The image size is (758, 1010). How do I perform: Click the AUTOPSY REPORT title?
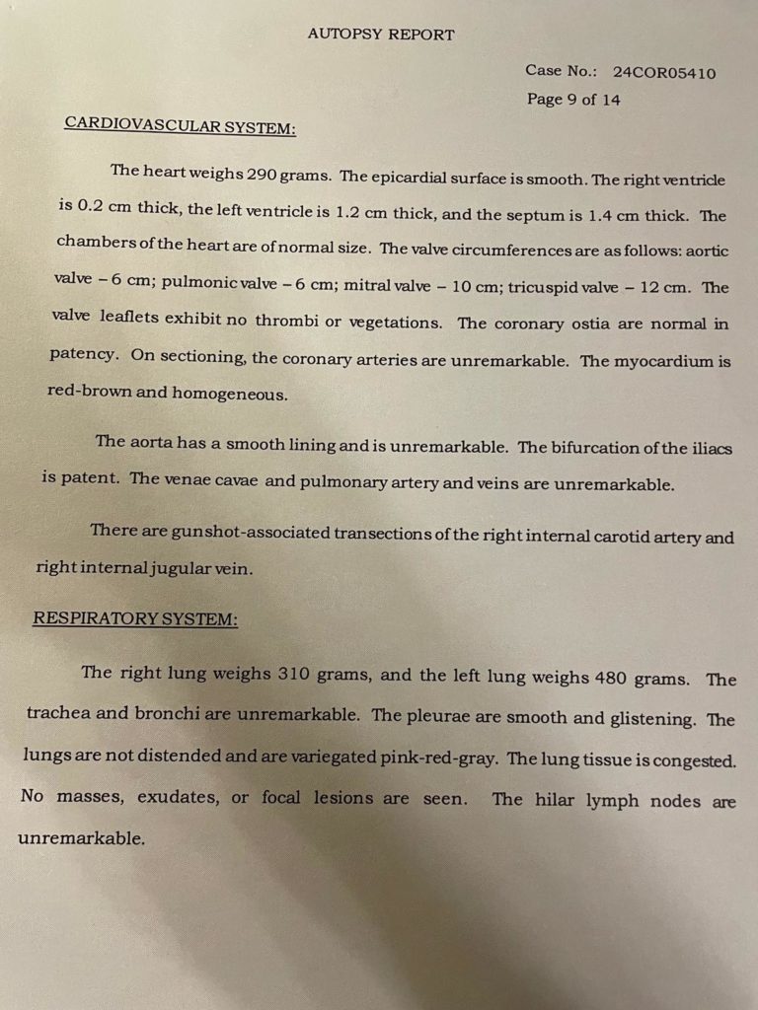coord(381,35)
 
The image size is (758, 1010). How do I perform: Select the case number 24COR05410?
coord(664,73)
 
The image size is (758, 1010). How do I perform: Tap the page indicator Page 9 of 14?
coord(573,100)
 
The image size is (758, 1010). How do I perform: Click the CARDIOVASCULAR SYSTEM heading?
coord(180,124)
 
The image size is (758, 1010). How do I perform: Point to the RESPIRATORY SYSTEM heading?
coord(135,618)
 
